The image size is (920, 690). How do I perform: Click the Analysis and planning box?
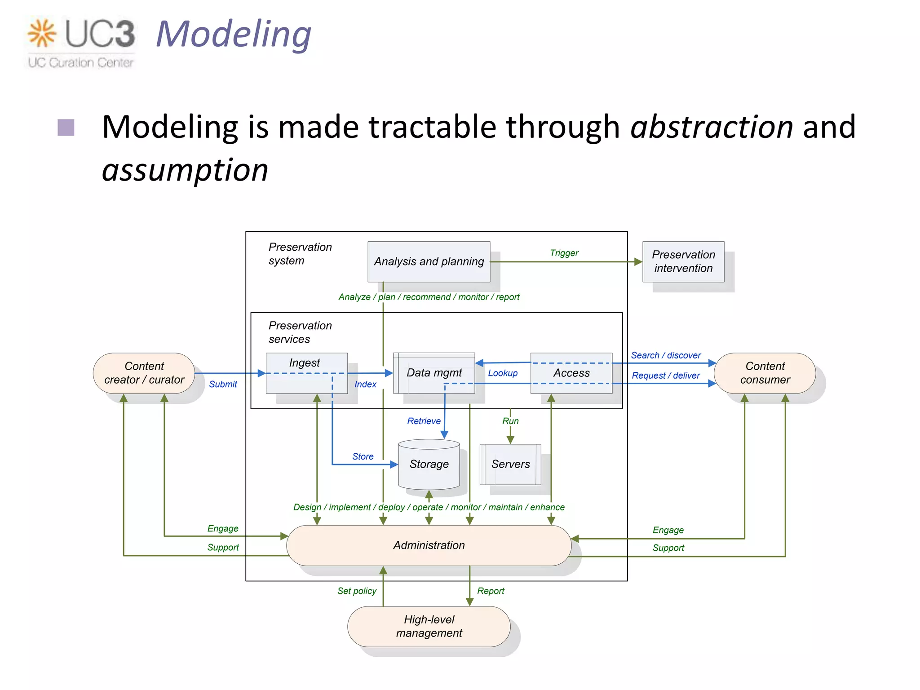[429, 261]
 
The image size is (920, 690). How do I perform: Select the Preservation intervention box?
[683, 261]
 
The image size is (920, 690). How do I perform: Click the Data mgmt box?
[434, 373]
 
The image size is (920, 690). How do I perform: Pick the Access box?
[571, 373]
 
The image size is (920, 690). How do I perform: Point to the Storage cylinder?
[429, 464]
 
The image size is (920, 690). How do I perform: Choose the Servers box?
[510, 464]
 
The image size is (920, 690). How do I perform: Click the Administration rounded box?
[429, 545]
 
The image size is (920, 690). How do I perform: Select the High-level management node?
[429, 626]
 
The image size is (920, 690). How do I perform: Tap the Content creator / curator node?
[144, 373]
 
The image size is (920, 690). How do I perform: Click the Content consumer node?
[765, 373]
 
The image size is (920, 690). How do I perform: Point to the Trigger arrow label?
[564, 253]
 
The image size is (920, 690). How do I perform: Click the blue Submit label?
[223, 384]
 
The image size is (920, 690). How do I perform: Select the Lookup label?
[503, 373]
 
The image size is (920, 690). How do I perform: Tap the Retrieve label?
[424, 421]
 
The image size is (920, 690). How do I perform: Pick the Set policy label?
[357, 591]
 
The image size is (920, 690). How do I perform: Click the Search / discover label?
[666, 355]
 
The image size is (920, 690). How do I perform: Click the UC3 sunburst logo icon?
[41, 33]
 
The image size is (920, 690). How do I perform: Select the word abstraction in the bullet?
[712, 127]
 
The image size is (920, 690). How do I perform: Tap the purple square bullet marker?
[66, 127]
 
